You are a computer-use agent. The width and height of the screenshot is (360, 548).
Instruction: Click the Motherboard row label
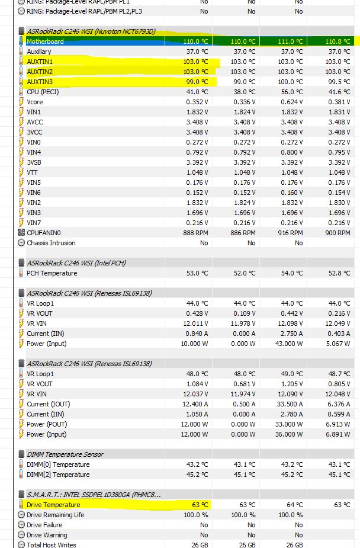(45, 41)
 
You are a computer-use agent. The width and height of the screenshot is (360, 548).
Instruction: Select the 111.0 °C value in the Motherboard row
(290, 41)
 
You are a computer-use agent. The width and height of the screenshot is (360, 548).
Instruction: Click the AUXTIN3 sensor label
(40, 82)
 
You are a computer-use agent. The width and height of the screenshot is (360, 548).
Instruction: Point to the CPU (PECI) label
(43, 92)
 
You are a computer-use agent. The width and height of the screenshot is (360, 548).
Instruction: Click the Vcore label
(35, 102)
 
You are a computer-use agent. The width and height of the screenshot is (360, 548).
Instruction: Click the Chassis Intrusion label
(51, 243)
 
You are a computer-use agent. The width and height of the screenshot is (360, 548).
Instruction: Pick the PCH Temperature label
(52, 273)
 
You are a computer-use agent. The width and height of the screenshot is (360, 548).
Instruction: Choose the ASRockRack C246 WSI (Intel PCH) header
(76, 262)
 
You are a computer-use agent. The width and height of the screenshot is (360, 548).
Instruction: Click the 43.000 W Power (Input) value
(289, 344)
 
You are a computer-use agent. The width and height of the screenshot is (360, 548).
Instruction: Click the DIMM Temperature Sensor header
(65, 454)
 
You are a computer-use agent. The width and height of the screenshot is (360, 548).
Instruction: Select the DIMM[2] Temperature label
(58, 475)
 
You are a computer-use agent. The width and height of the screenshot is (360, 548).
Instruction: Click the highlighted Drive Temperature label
(53, 505)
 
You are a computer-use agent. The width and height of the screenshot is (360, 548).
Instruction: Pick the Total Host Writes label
(52, 545)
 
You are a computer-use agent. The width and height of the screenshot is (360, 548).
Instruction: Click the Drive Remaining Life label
(56, 515)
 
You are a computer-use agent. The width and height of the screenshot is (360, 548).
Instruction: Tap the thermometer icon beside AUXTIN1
(21, 62)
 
